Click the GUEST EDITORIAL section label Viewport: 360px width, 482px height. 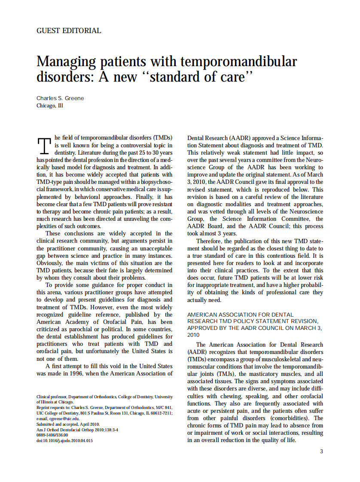click(x=69, y=31)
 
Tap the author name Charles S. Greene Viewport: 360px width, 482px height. click(x=60, y=98)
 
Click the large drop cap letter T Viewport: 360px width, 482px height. click(x=45, y=146)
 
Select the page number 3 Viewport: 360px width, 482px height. click(x=322, y=451)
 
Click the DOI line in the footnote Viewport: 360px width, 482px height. click(x=64, y=440)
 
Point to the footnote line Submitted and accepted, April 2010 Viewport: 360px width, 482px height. click(x=67, y=424)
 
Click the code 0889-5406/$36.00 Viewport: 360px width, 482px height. click(x=53, y=435)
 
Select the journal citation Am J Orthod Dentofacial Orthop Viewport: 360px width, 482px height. click(x=64, y=429)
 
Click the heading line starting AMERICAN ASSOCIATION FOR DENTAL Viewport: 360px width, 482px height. click(x=240, y=314)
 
